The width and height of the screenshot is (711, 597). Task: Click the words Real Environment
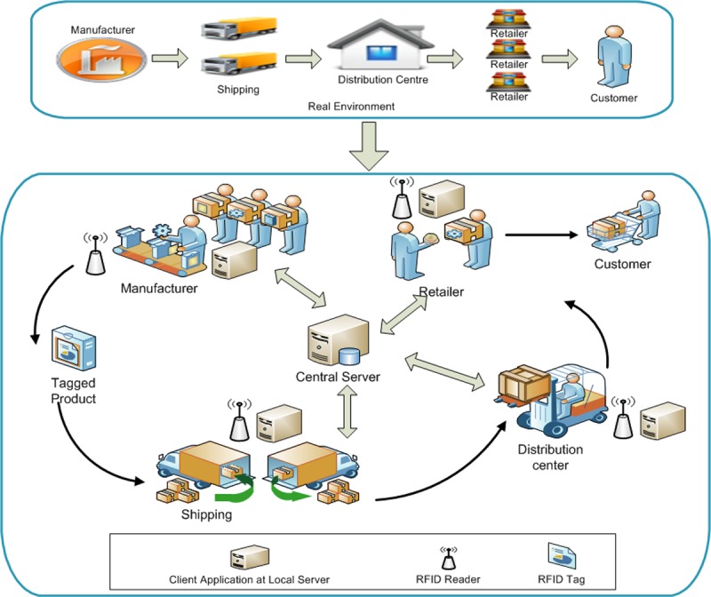(351, 107)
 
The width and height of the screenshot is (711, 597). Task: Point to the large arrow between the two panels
(370, 147)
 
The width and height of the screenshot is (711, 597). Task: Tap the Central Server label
(338, 378)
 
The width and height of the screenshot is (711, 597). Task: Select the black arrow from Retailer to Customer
(537, 235)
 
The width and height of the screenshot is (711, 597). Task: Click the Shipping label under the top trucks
(238, 90)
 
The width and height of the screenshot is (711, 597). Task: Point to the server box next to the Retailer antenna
(439, 201)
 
